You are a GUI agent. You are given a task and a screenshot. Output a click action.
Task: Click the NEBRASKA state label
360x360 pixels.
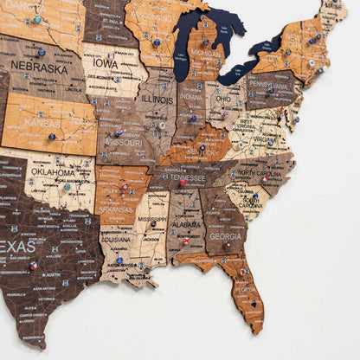point(39,67)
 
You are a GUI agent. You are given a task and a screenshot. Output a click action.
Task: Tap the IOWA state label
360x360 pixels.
point(106,63)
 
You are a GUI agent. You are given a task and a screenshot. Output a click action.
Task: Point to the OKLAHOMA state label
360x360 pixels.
point(53,171)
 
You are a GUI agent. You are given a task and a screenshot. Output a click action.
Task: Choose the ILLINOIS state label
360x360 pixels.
point(157,98)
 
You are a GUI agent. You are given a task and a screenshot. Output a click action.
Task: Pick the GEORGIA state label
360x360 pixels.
point(225,235)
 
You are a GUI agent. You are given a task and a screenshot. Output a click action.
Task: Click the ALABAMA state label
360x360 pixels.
point(185,225)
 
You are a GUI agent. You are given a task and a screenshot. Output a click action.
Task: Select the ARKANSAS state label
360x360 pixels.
point(115,209)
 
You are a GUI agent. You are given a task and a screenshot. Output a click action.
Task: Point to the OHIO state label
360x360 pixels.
point(222,98)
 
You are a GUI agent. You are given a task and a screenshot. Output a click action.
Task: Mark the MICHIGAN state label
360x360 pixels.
point(205,54)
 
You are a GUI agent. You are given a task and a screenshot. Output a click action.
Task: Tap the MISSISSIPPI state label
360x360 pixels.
point(154,220)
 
